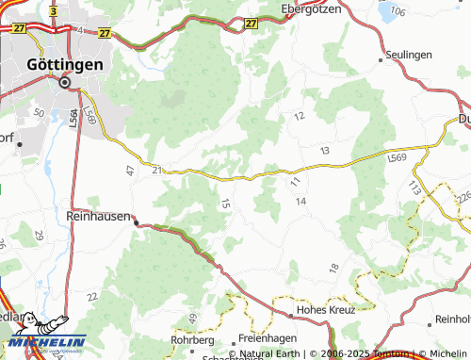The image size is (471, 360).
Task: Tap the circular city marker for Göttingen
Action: tap(65, 82)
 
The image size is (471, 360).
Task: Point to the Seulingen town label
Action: tap(409, 56)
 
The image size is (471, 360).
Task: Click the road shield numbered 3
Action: tap(55, 11)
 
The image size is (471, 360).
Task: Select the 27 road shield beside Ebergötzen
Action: tap(249, 23)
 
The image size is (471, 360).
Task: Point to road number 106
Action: tap(397, 11)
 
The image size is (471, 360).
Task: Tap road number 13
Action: tap(325, 151)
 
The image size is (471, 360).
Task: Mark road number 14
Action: tap(301, 202)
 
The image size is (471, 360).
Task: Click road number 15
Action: tap(224, 203)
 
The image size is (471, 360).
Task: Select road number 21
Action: tap(156, 169)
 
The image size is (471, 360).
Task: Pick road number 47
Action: tap(130, 171)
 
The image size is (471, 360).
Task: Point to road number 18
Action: tap(333, 269)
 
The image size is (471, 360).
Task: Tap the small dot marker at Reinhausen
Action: tap(137, 222)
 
